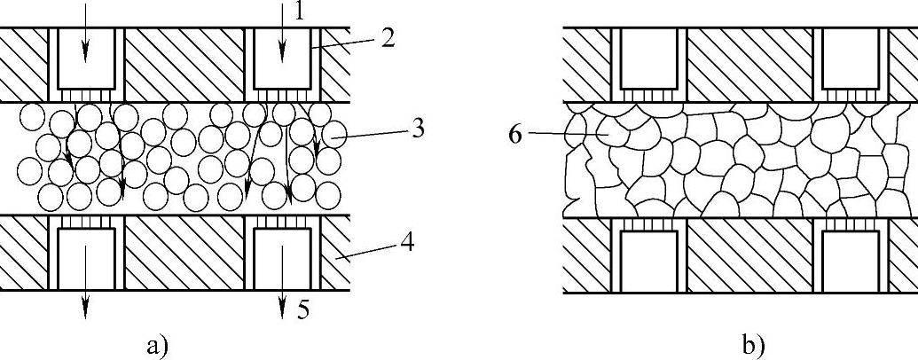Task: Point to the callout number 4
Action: [x=407, y=240]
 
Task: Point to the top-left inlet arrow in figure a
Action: [x=85, y=35]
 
